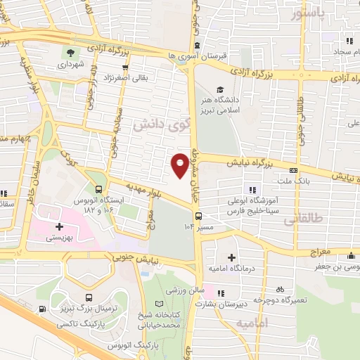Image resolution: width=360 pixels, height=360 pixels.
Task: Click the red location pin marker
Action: (179, 165)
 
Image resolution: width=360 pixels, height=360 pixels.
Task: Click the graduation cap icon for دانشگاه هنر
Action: (221, 89)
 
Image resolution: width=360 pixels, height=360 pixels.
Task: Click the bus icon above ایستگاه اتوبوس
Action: (98, 189)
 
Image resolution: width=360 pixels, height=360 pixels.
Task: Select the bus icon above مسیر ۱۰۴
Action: (198, 216)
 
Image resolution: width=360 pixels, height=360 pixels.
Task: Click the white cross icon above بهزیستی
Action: (60, 227)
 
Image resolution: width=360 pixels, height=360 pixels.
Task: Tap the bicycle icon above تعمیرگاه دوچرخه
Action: (280, 289)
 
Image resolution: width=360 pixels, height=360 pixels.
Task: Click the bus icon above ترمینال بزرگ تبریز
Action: (88, 298)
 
